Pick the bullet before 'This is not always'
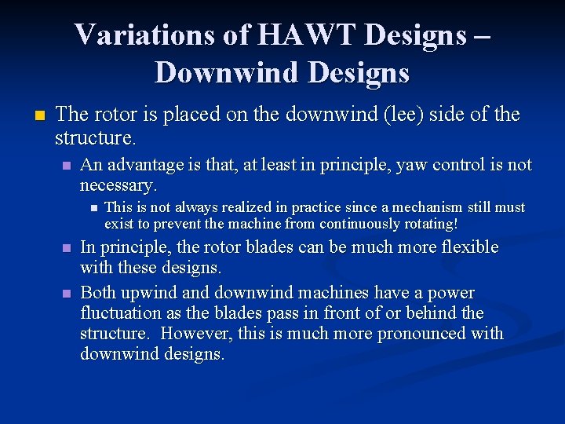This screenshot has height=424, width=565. point(92,208)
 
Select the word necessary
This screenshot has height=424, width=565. point(117,185)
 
